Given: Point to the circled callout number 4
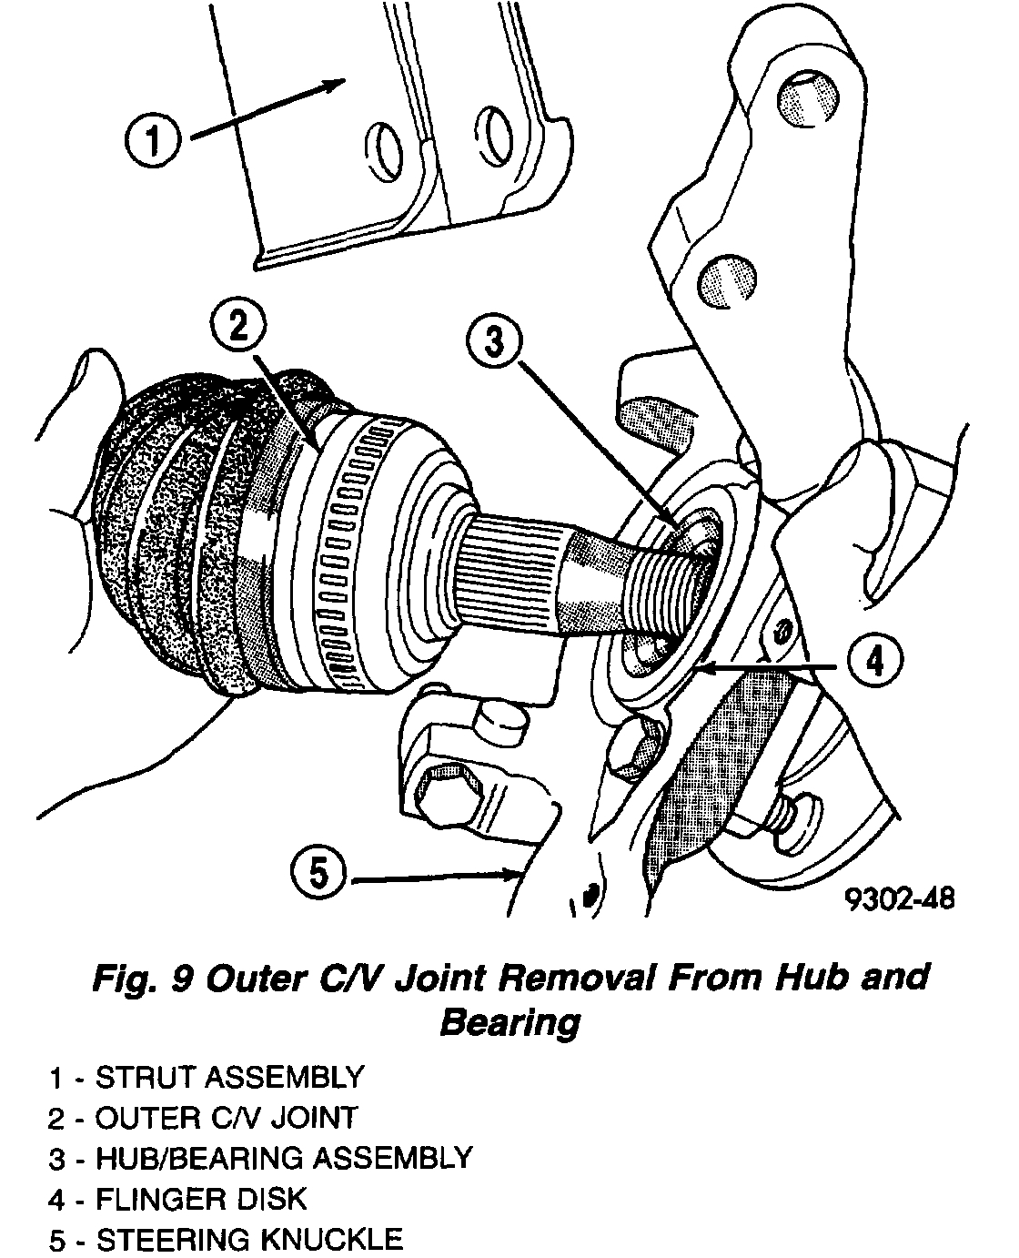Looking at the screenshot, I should point(873,663).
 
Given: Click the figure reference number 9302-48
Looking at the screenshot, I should point(901,898).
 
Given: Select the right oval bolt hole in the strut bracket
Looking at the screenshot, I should point(495,136).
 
